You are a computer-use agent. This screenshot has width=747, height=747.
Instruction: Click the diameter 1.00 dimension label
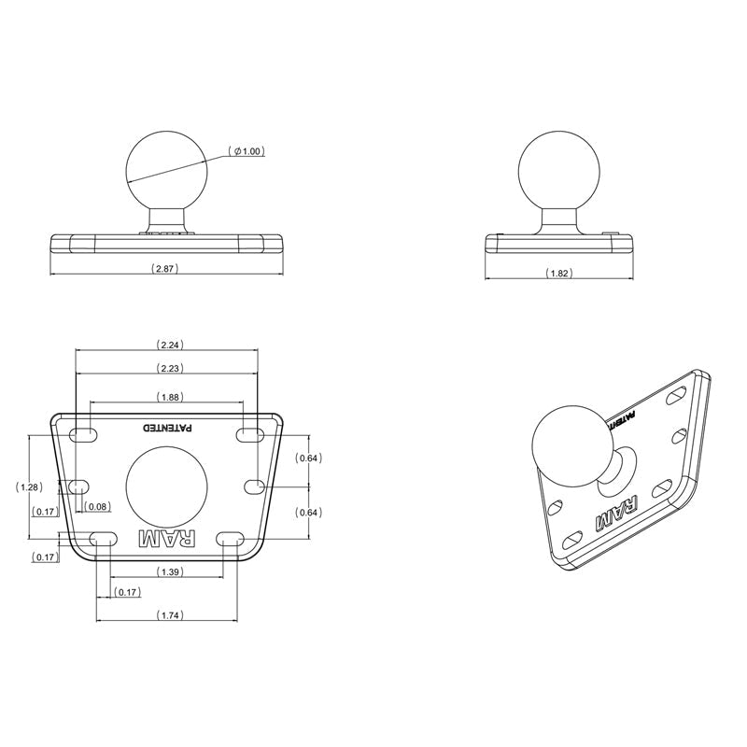point(247,151)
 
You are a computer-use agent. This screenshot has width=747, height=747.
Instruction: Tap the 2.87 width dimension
point(164,268)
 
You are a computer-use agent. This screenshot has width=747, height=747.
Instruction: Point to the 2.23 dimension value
point(169,368)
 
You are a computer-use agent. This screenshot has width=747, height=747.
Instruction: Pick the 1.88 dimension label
point(169,396)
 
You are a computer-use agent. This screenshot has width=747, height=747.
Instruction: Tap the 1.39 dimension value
point(169,571)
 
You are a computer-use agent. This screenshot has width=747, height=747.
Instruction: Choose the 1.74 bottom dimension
point(169,614)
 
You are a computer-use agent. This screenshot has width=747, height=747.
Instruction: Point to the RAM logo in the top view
point(168,539)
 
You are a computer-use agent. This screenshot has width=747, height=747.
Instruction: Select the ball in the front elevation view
point(166,169)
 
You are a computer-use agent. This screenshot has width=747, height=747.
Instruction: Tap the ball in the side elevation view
point(558,169)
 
